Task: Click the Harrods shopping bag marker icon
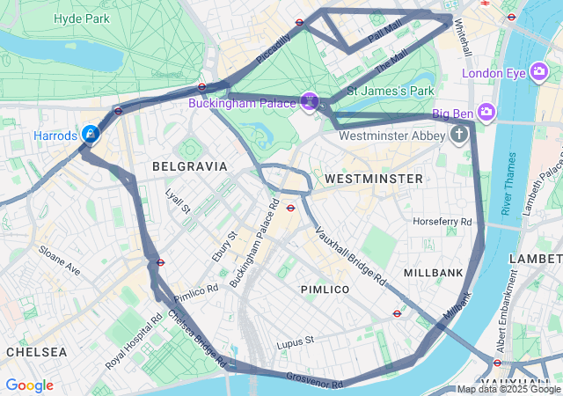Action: pyautogui.click(x=90, y=134)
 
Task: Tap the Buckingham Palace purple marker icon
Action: pyautogui.click(x=310, y=102)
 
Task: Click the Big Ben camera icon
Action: pyautogui.click(x=487, y=112)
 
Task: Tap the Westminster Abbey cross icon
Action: pyautogui.click(x=458, y=135)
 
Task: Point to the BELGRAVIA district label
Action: pyautogui.click(x=190, y=165)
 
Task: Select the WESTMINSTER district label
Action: pyautogui.click(x=373, y=179)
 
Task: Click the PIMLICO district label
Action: pyautogui.click(x=325, y=289)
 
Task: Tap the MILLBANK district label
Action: pyautogui.click(x=433, y=273)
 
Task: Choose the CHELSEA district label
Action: pyautogui.click(x=36, y=351)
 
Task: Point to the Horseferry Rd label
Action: pyautogui.click(x=442, y=222)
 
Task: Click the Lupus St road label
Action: pyautogui.click(x=295, y=341)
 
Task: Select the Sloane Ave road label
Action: pyautogui.click(x=59, y=260)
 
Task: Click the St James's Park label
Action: pyautogui.click(x=391, y=91)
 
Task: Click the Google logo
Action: pyautogui.click(x=29, y=385)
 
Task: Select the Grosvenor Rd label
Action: pyautogui.click(x=313, y=379)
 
